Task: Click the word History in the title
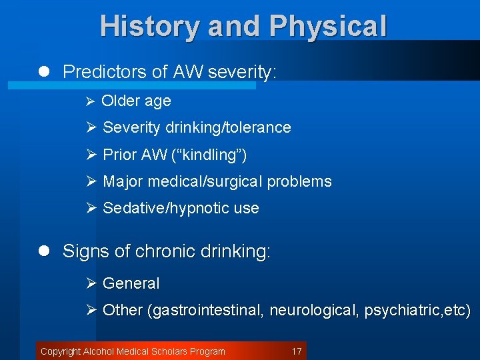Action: pyautogui.click(x=149, y=27)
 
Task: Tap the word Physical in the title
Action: pyautogui.click(x=328, y=27)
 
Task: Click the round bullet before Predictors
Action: pyautogui.click(x=44, y=72)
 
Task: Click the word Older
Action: pyautogui.click(x=120, y=101)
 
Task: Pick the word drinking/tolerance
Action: pyautogui.click(x=233, y=127)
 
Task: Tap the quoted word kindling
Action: pyautogui.click(x=211, y=155)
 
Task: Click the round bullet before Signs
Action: pyautogui.click(x=44, y=251)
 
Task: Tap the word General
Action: pyautogui.click(x=131, y=283)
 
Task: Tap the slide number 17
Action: pyautogui.click(x=297, y=351)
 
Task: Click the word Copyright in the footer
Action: pyautogui.click(x=60, y=351)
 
